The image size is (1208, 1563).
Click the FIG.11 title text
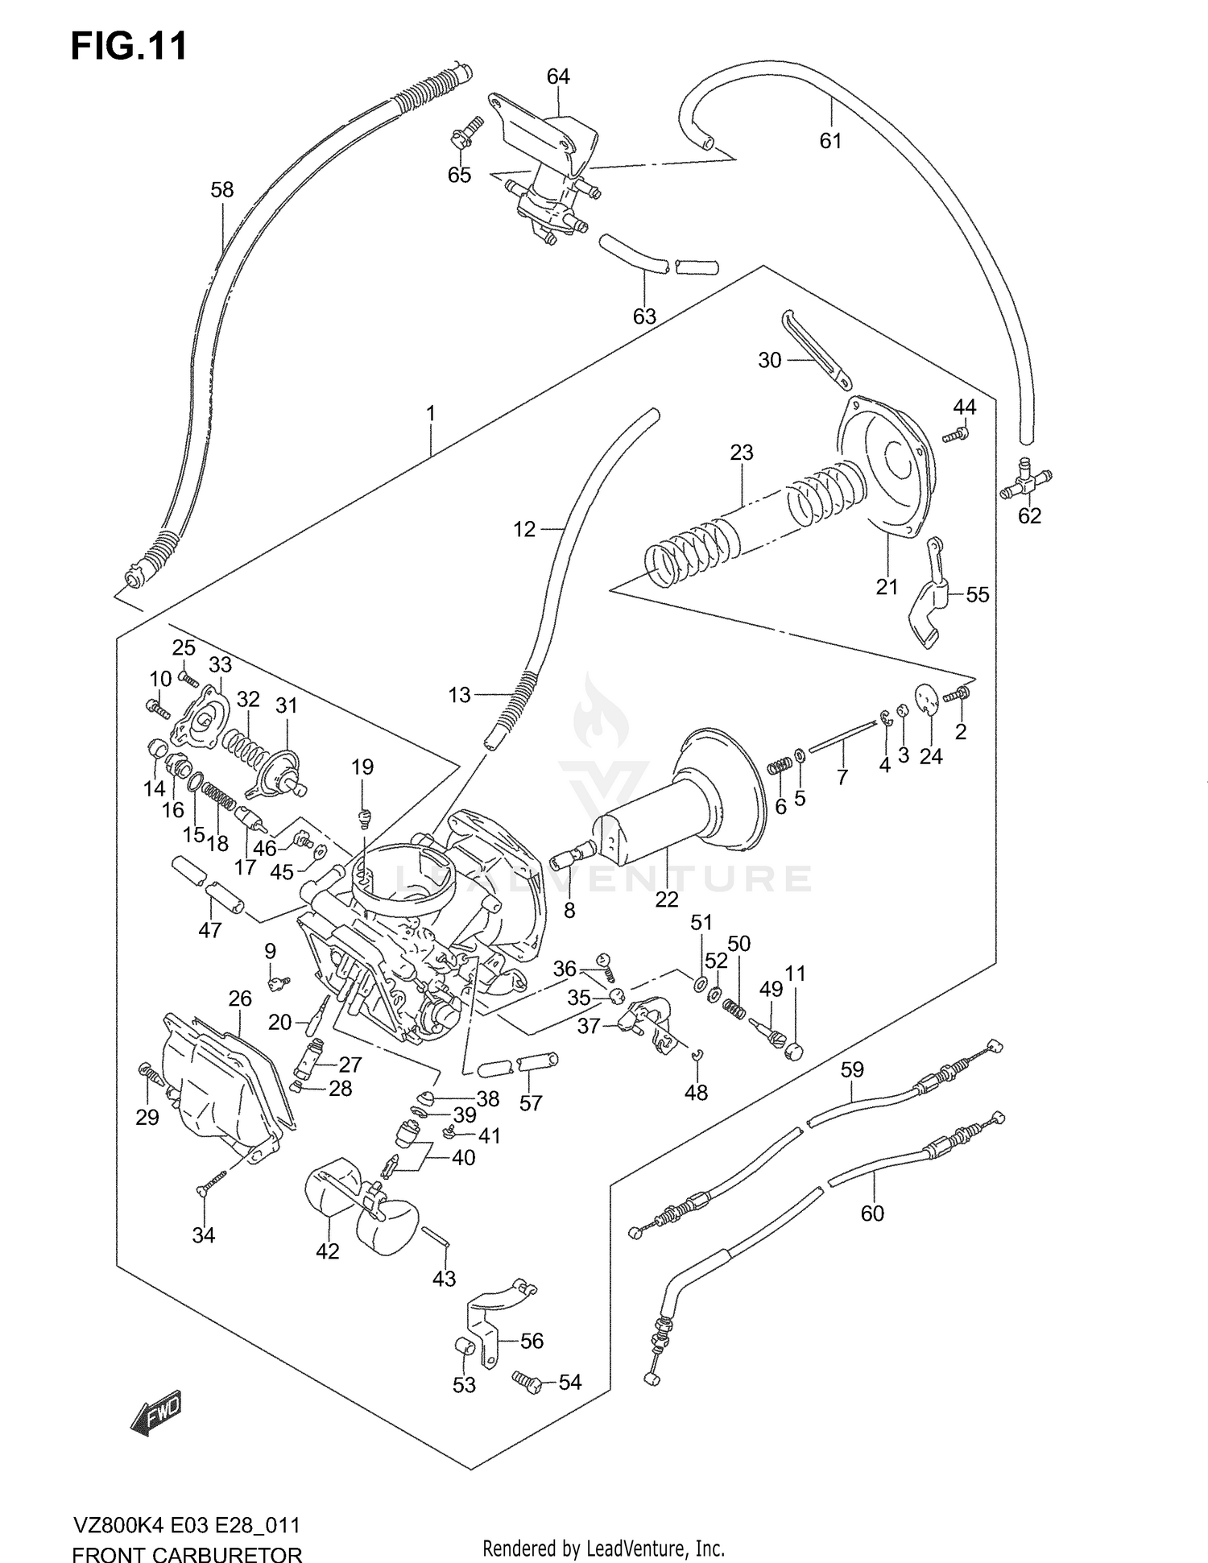(129, 46)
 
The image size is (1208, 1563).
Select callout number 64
(557, 76)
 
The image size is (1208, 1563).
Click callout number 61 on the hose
(830, 141)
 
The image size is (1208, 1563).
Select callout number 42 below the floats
(327, 1251)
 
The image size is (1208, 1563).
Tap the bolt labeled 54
(528, 1381)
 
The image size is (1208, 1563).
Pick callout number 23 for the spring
(741, 453)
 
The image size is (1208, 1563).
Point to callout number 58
(221, 190)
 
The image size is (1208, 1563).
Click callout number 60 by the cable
(872, 1213)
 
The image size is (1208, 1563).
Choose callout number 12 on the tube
(524, 529)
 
